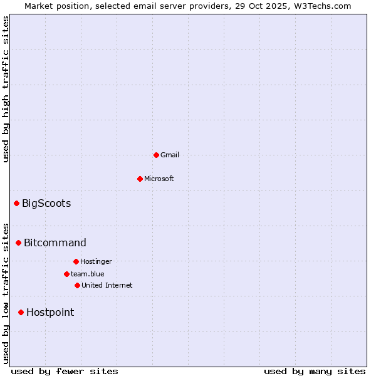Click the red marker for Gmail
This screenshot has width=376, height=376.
coord(156,155)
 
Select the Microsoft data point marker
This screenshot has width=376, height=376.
coord(140,179)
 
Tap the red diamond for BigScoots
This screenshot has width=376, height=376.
coord(16,203)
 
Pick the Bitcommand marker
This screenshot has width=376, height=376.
coord(18,243)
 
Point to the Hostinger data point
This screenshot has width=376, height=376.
coord(76,261)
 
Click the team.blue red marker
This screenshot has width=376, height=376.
coord(66,274)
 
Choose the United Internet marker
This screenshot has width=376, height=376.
coord(77,285)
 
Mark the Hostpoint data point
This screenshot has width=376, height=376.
coord(21,312)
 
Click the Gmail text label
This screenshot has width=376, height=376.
coord(170,155)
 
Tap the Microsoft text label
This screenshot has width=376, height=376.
coord(159,179)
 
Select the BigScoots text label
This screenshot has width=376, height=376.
coord(46,203)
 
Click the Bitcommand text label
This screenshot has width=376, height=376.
coord(55,243)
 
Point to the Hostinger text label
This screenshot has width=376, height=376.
coord(96,261)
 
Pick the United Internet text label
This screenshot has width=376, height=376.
coord(107,285)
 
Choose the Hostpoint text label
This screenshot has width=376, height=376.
coord(50,312)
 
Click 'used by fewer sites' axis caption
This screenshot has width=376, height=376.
coord(65,371)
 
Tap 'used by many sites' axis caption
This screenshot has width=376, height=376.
coord(315,371)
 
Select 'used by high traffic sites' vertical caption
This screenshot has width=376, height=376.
coord(6,89)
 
